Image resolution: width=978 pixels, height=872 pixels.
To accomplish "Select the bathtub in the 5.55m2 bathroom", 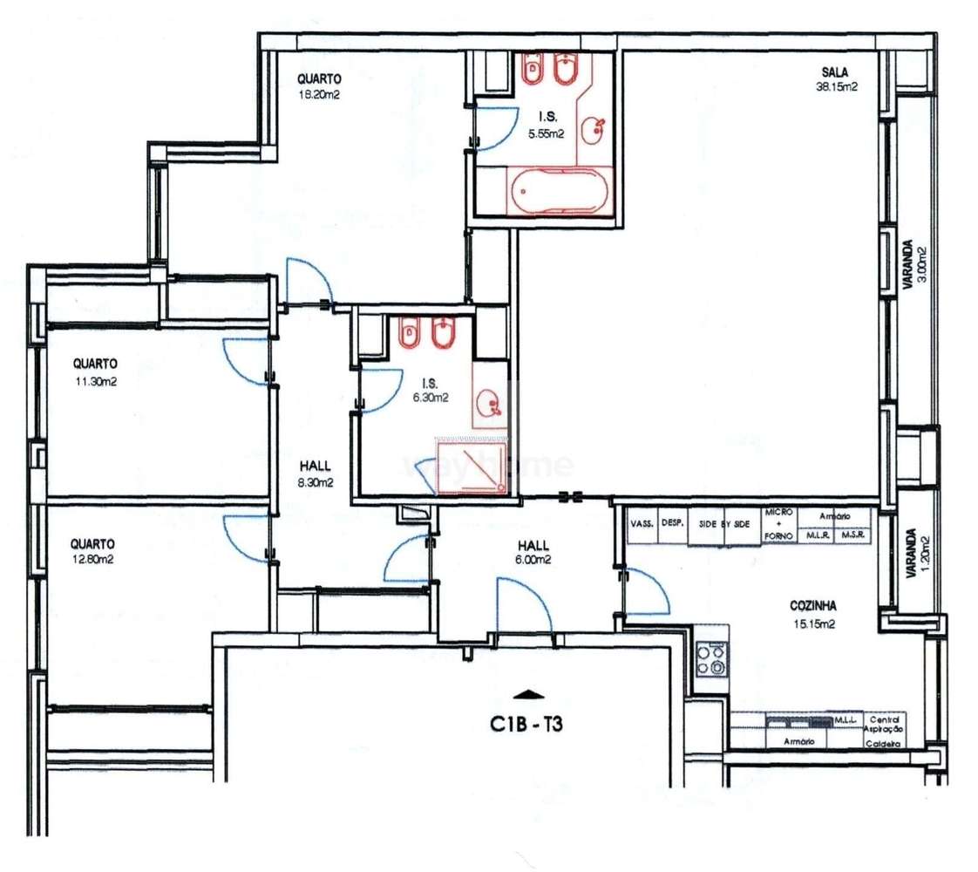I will tap(554, 191).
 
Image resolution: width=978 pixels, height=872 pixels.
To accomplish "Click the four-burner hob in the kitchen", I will tap(712, 658).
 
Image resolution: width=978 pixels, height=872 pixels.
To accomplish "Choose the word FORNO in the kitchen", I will tap(777, 535).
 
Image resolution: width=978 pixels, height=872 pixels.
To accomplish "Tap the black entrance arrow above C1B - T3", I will tap(529, 695).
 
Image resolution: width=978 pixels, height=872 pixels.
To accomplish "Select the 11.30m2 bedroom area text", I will tap(95, 380).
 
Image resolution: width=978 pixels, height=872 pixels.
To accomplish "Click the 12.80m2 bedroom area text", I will tap(93, 560).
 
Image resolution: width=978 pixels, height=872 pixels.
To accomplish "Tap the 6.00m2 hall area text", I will tap(533, 561).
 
